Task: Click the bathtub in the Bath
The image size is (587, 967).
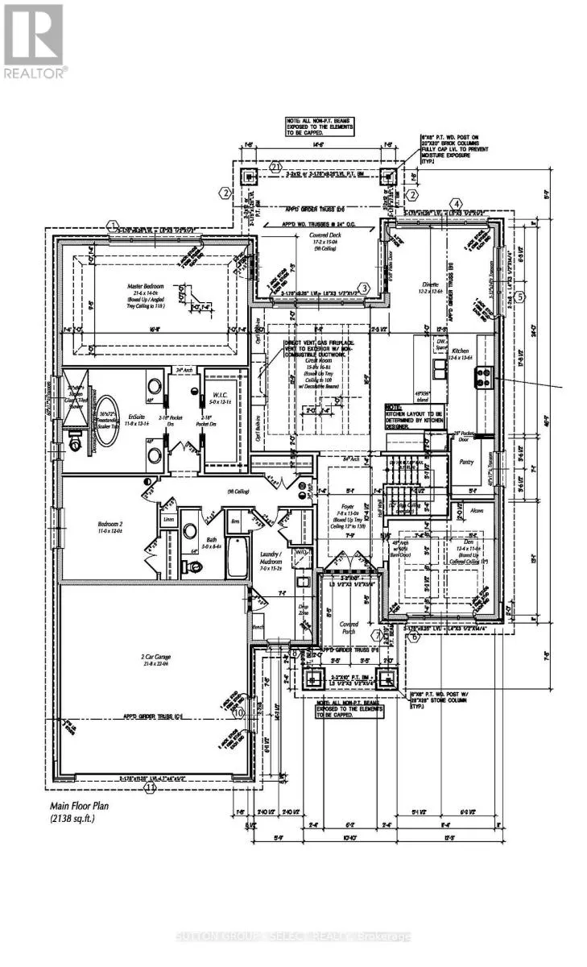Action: click(237, 558)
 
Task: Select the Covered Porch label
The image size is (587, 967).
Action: click(349, 628)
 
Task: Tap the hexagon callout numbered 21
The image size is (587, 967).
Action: click(277, 167)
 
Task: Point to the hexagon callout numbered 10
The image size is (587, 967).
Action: click(238, 712)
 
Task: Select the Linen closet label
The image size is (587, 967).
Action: click(169, 520)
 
